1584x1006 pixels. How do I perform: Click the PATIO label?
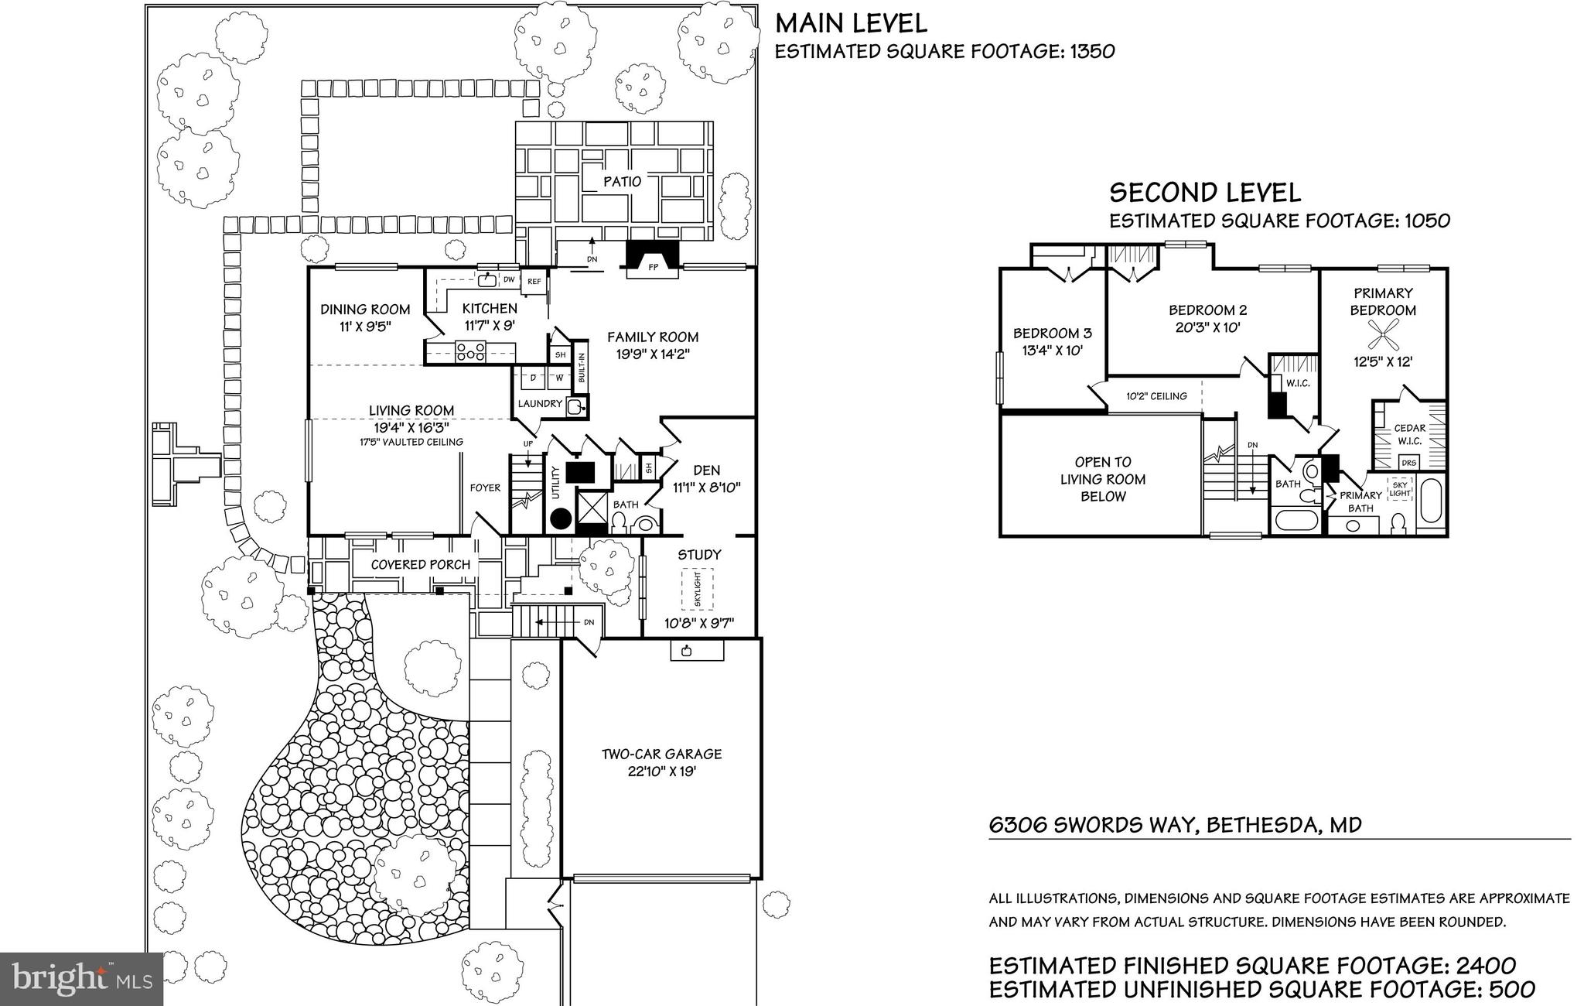point(622,182)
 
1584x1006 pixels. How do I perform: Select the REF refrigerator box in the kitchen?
point(534,282)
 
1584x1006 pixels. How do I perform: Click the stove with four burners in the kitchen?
point(469,351)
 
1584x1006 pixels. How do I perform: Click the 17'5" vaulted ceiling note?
point(411,442)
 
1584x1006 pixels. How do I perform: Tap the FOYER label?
point(485,488)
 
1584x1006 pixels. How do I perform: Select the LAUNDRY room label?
point(540,403)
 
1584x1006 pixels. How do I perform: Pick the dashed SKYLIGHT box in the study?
point(697,589)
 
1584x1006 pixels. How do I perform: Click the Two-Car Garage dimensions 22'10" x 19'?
point(661,772)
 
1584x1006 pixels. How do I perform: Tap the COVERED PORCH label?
point(420,565)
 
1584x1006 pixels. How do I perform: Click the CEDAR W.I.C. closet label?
point(1409,434)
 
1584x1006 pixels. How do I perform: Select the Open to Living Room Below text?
point(1102,479)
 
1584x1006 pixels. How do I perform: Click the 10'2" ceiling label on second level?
point(1156,396)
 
